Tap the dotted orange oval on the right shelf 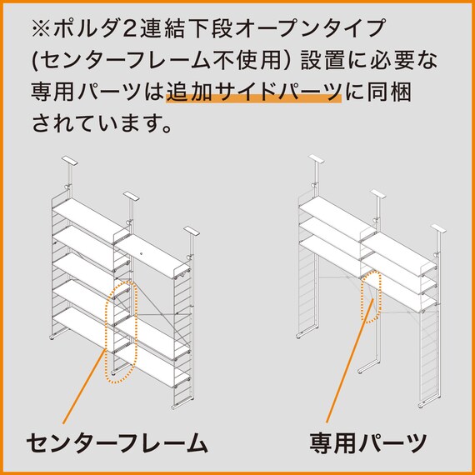click(x=371, y=296)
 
